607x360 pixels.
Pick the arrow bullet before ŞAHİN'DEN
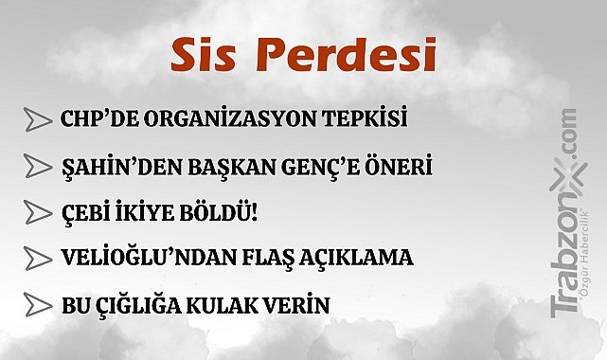pyautogui.click(x=38, y=168)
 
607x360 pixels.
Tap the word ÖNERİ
pyautogui.click(x=401, y=168)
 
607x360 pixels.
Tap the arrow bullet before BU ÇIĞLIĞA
pyautogui.click(x=38, y=305)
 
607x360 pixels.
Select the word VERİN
pyautogui.click(x=295, y=305)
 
